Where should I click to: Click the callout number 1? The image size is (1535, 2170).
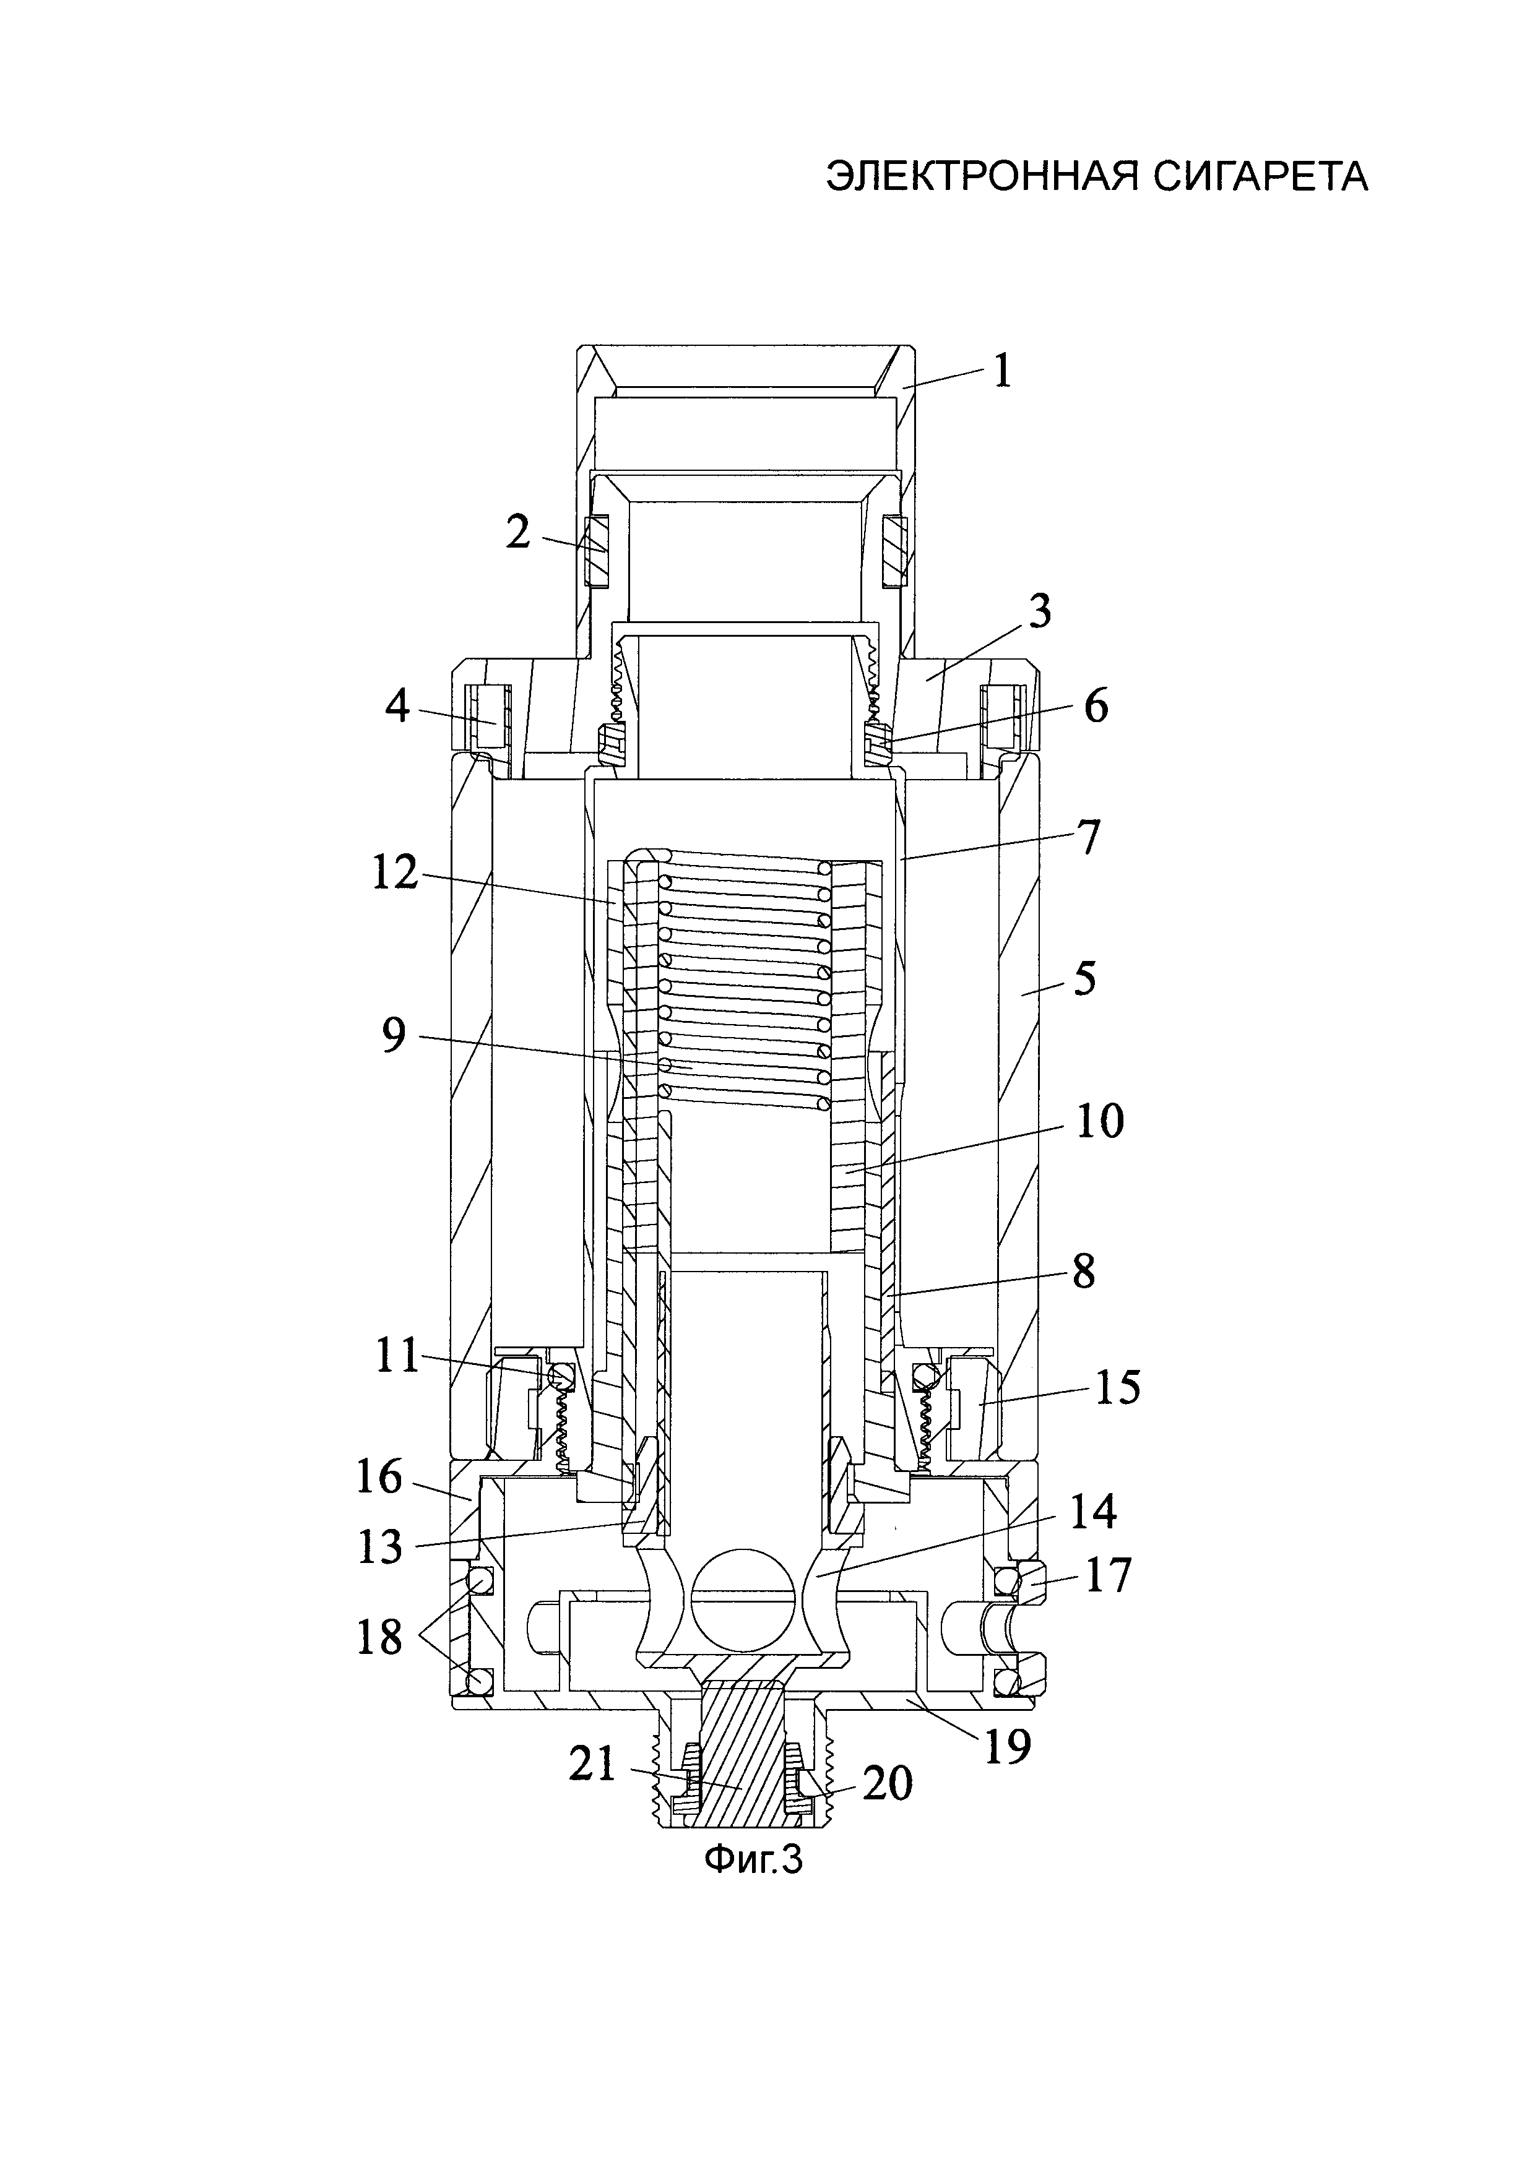(x=1002, y=371)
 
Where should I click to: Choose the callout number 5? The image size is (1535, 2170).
(x=1084, y=978)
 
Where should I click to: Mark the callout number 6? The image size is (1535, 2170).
(x=1096, y=706)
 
